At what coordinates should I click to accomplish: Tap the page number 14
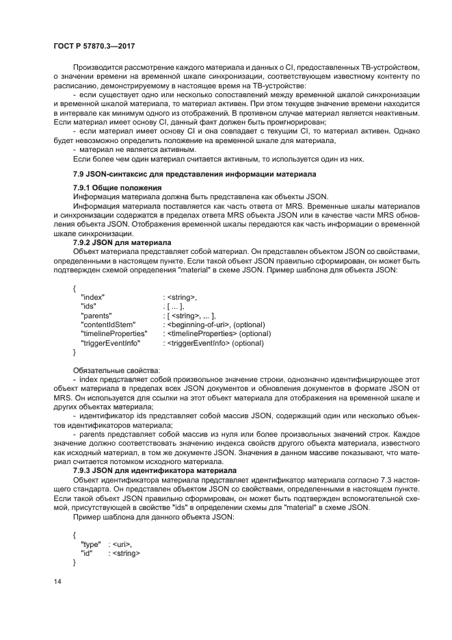[58, 580]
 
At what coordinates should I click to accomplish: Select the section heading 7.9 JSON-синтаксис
[185, 175]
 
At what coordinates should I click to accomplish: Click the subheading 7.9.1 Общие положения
[117, 188]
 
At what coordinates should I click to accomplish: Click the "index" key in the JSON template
[92, 296]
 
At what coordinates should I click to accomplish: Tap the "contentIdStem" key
[108, 324]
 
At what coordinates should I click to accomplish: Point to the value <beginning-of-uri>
[200, 324]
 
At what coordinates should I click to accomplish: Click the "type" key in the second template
[91, 543]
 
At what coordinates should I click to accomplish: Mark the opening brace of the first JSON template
[74, 287]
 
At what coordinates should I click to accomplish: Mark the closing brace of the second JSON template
[74, 561]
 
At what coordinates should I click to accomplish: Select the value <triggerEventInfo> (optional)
[217, 342]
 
